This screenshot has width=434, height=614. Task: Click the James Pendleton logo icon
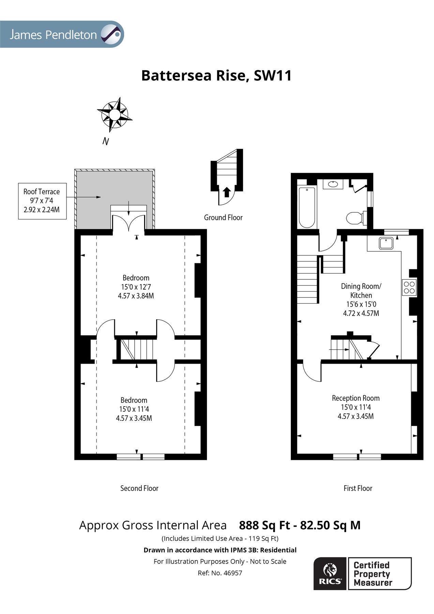tap(112, 34)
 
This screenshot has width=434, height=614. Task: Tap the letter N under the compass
tap(106, 141)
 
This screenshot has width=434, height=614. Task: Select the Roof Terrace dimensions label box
tap(42, 201)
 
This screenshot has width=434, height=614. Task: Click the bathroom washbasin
tap(333, 184)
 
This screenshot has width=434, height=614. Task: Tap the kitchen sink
tap(386, 243)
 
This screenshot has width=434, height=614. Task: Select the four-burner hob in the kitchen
tap(409, 287)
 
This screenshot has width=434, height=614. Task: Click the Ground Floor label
tap(223, 218)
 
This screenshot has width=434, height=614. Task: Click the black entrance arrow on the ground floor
tap(226, 192)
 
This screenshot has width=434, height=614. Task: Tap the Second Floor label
tap(139, 488)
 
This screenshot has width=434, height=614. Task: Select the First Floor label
tap(358, 488)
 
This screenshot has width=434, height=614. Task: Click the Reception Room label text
tap(356, 398)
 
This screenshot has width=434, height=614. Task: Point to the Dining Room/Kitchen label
tap(361, 291)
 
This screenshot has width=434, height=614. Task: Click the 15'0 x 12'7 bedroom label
tap(136, 287)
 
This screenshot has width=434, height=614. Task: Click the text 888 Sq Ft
tap(264, 525)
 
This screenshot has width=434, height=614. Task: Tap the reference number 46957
tap(233, 573)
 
